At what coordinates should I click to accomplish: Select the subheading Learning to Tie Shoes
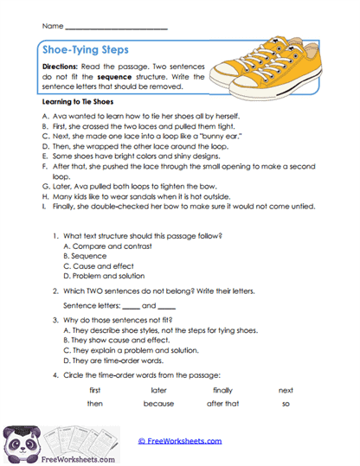(79, 102)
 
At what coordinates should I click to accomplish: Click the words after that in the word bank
(222, 404)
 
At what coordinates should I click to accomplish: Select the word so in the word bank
(286, 404)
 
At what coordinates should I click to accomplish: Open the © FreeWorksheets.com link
(180, 440)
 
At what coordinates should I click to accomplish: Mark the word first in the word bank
(95, 390)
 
